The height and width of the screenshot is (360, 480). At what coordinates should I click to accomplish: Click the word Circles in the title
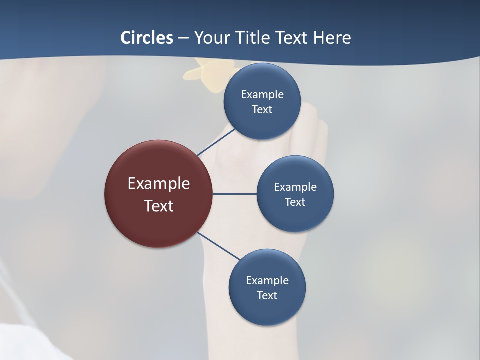click(147, 38)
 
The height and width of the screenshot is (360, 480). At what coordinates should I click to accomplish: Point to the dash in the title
click(183, 38)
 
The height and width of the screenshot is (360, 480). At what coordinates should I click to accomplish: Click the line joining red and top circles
click(216, 142)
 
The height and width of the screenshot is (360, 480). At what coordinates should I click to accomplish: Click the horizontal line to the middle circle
click(235, 194)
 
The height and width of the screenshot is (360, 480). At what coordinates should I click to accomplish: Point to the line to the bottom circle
click(219, 246)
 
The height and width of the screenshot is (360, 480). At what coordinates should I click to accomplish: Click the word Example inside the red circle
click(158, 184)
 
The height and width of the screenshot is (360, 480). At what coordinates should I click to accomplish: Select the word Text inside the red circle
click(158, 206)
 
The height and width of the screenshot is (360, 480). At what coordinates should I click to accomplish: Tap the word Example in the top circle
click(262, 95)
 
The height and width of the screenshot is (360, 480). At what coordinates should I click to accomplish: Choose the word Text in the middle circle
click(295, 202)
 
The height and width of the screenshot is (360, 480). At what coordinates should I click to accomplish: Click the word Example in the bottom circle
click(267, 280)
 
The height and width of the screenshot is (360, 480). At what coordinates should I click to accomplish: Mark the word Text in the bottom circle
click(267, 295)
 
